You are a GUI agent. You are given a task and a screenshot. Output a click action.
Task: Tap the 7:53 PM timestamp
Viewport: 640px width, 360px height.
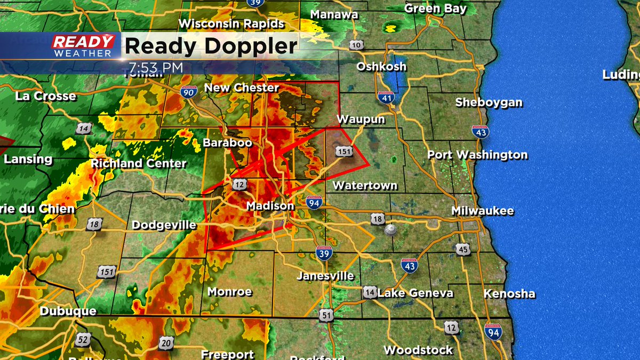coord(156,68)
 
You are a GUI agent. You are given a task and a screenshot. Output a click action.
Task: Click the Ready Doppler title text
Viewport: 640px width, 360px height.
coord(211,46)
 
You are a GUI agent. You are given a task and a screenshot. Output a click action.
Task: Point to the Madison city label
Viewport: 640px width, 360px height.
coord(270,206)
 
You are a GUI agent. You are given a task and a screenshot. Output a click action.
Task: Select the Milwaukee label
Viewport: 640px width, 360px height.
coord(483,211)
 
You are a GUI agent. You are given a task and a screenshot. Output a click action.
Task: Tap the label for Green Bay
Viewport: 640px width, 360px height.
coord(435,9)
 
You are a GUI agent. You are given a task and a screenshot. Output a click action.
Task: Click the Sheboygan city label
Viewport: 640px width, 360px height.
coord(489,102)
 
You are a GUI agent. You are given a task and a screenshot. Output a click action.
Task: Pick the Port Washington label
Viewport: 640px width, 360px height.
coord(478,155)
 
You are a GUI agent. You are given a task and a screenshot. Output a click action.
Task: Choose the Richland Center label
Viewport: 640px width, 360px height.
coord(139,163)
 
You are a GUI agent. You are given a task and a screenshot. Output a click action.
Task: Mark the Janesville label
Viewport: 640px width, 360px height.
coord(325,276)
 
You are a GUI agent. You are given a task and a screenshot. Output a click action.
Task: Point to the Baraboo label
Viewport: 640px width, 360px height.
coord(227,143)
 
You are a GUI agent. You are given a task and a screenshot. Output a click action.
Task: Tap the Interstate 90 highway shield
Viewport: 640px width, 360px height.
coord(188,92)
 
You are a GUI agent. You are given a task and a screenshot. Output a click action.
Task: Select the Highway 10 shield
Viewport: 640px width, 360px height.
coord(357,45)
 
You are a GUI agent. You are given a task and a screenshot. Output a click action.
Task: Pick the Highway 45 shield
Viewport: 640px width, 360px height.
coord(463,249)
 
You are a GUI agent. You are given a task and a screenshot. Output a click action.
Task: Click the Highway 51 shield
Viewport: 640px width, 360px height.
coord(327,315)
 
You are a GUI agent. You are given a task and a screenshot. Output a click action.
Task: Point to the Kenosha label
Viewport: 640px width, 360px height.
coord(509,294)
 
